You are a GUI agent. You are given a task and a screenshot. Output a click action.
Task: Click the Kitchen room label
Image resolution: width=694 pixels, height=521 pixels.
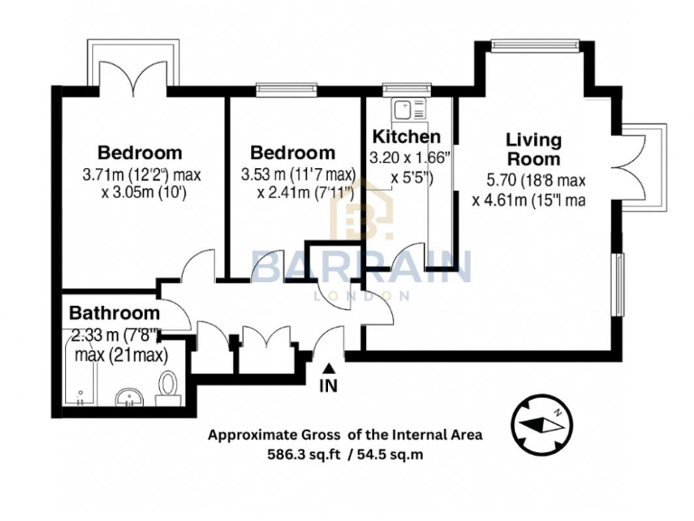click(407, 137)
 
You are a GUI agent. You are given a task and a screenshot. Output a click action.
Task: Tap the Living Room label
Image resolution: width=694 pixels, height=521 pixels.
click(533, 149)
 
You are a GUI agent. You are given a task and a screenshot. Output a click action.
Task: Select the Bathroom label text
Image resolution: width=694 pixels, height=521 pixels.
click(114, 315)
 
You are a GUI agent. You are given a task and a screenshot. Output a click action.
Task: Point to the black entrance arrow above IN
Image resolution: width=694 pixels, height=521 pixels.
click(329, 367)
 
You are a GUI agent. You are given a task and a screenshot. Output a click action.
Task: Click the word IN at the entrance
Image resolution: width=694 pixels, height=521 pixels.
click(329, 386)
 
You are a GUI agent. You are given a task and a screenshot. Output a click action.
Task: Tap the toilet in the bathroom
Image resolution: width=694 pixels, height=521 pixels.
click(167, 390)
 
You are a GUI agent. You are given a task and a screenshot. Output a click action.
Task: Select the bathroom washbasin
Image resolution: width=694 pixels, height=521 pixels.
click(130, 398)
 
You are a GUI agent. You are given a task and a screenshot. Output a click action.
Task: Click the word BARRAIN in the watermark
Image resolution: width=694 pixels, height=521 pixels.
click(361, 268)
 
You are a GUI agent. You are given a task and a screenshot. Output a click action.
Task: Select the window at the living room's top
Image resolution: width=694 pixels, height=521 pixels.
click(535, 42)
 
